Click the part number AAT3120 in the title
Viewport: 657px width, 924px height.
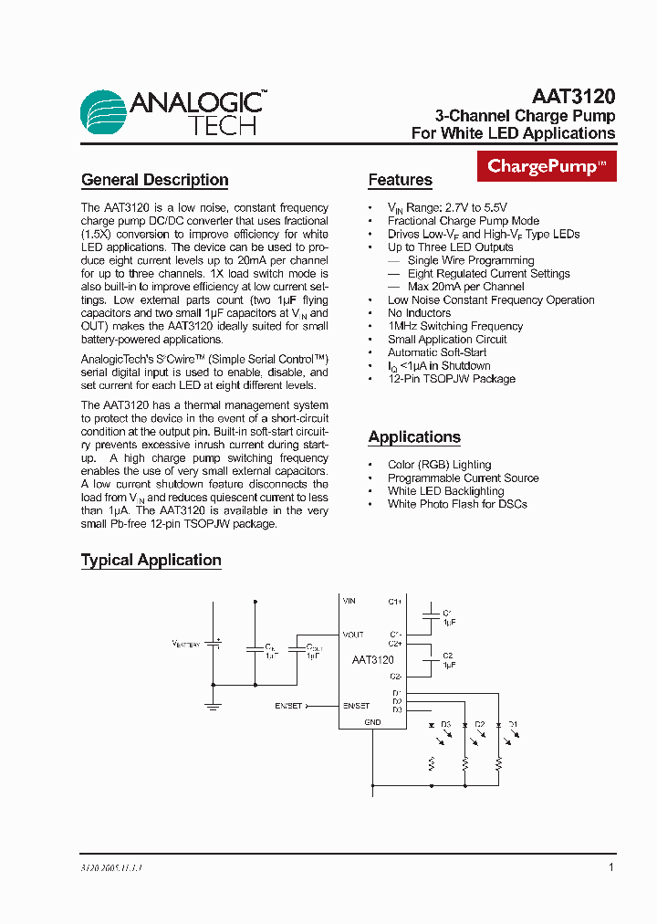pyautogui.click(x=573, y=97)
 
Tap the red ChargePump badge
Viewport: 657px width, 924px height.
pyautogui.click(x=547, y=166)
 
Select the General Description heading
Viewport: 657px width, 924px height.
pyautogui.click(x=154, y=180)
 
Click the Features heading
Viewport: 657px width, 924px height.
pyautogui.click(x=400, y=180)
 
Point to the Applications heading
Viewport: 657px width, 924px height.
pyautogui.click(x=414, y=437)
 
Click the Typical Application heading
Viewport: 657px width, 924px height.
pyautogui.click(x=151, y=560)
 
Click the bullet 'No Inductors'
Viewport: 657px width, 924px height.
pyautogui.click(x=419, y=313)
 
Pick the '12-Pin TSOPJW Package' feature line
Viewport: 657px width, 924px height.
pyautogui.click(x=451, y=379)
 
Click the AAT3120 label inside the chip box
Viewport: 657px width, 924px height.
pyautogui.click(x=372, y=660)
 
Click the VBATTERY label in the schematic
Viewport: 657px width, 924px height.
pyautogui.click(x=186, y=644)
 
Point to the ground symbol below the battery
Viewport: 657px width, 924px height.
pyautogui.click(x=214, y=705)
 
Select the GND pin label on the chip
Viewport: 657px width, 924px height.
pyautogui.click(x=372, y=722)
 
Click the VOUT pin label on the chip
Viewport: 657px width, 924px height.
pyautogui.click(x=353, y=635)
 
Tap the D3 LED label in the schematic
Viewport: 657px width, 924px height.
pyautogui.click(x=446, y=724)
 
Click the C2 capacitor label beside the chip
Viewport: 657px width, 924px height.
pyautogui.click(x=448, y=656)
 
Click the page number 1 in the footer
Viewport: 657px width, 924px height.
pyautogui.click(x=611, y=867)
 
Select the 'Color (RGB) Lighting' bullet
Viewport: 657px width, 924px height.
pyautogui.click(x=439, y=465)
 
